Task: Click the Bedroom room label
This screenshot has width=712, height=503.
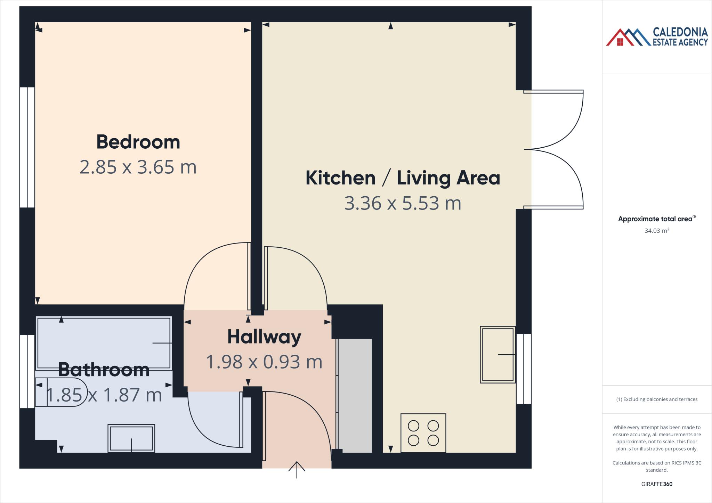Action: click(138, 142)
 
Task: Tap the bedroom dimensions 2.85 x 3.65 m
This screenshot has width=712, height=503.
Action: click(138, 167)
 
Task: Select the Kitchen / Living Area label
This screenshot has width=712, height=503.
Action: click(403, 178)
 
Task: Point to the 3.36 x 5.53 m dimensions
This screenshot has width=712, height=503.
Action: click(403, 203)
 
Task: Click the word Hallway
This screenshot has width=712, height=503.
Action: click(264, 337)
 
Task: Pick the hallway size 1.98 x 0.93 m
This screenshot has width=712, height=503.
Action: click(264, 362)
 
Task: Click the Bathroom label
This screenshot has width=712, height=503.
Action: click(104, 370)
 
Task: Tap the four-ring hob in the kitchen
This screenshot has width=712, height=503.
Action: click(423, 433)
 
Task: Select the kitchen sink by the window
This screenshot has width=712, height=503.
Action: click(497, 355)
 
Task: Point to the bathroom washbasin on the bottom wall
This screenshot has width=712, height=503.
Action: click(131, 438)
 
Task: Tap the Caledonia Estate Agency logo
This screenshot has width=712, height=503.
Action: click(656, 37)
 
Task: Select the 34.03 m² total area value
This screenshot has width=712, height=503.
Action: click(656, 231)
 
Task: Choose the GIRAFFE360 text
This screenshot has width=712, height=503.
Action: click(656, 484)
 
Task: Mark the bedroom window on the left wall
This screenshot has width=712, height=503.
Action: click(27, 147)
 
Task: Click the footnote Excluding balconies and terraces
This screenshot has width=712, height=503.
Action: click(656, 399)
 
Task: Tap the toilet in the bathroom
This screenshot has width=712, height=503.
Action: click(61, 392)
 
